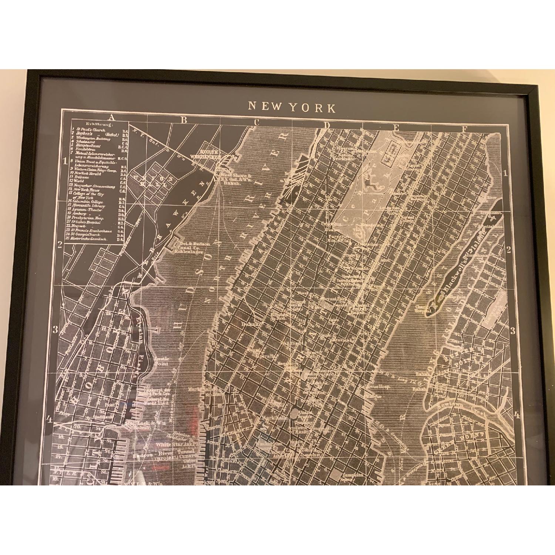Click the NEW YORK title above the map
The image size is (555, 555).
[x=292, y=107]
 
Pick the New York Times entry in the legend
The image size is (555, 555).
[x=91, y=189]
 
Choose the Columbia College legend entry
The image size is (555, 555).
[x=91, y=202]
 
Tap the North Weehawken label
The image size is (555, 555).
[x=209, y=154]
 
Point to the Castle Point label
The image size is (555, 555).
[x=162, y=361]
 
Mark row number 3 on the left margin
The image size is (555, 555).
[x=55, y=330]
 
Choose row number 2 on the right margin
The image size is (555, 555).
[x=509, y=250]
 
